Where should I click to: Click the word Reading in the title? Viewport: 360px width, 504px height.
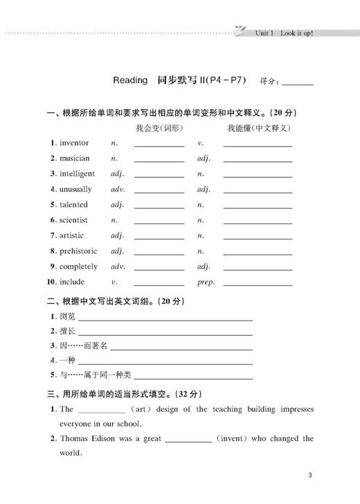[130, 80]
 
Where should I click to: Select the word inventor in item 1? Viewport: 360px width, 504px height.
[74, 143]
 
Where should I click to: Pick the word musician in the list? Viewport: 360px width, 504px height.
[74, 158]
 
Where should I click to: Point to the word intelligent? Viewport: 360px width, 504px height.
[77, 174]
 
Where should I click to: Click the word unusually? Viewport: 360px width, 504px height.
[75, 189]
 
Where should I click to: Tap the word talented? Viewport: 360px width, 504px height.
[73, 204]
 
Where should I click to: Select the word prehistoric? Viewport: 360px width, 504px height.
[78, 251]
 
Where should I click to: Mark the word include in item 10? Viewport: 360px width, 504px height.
[72, 282]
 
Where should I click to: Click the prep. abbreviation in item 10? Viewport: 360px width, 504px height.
[206, 282]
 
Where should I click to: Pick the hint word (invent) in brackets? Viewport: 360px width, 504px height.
[236, 438]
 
